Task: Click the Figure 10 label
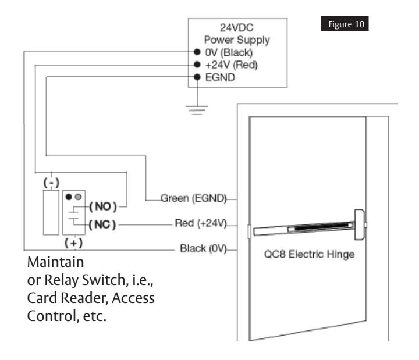click(x=345, y=23)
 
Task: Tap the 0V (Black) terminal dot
click(x=197, y=52)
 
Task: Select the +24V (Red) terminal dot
click(x=197, y=65)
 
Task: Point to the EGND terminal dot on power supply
click(x=197, y=77)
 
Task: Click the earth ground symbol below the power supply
click(x=197, y=110)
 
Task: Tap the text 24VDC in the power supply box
click(x=236, y=27)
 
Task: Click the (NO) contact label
click(x=103, y=206)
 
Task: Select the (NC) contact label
click(x=102, y=224)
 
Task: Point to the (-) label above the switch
click(x=51, y=183)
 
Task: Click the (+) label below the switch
click(x=73, y=243)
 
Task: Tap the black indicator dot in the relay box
click(x=69, y=197)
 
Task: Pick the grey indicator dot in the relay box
click(x=78, y=197)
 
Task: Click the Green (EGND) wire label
click(x=193, y=198)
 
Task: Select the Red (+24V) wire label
click(x=201, y=223)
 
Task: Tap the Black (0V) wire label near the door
click(x=203, y=249)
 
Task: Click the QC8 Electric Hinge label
click(x=309, y=254)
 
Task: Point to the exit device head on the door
click(x=360, y=224)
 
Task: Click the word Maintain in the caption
click(x=56, y=262)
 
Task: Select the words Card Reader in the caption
click(x=68, y=298)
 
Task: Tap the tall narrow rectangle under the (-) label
click(x=51, y=213)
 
